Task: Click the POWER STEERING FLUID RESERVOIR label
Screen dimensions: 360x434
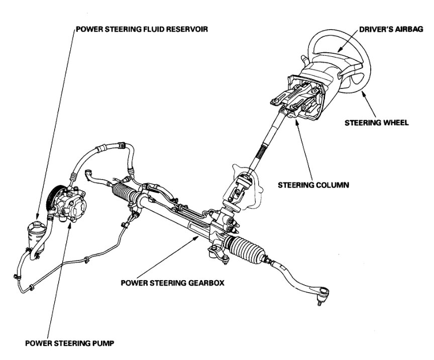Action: pyautogui.click(x=142, y=29)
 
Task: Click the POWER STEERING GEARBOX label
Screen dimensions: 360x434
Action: pyautogui.click(x=172, y=282)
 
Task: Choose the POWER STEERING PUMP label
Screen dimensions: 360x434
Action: pyautogui.click(x=70, y=344)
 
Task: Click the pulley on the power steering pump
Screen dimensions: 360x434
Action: pyautogui.click(x=52, y=200)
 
